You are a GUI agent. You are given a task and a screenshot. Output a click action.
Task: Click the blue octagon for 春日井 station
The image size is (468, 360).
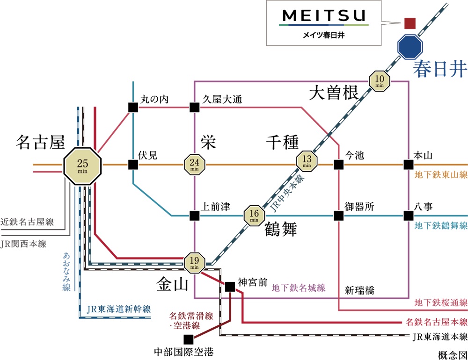click(x=410, y=46)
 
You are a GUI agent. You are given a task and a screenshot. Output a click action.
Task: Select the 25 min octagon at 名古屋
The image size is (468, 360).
click(x=82, y=165)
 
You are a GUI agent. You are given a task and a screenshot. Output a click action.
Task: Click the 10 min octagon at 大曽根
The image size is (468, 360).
click(x=379, y=81)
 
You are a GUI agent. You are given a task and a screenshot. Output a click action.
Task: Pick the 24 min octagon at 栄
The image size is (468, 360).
click(x=194, y=165)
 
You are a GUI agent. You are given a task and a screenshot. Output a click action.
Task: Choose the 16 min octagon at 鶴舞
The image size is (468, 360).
click(x=254, y=215)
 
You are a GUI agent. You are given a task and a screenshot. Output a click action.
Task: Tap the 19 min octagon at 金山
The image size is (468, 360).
click(x=194, y=263)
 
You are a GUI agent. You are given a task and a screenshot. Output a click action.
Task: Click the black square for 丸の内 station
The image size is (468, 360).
click(x=133, y=107)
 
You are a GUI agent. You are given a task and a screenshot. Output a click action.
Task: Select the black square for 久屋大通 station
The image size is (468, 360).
click(x=194, y=107)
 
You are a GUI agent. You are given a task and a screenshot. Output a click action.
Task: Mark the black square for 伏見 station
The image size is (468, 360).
click(x=133, y=165)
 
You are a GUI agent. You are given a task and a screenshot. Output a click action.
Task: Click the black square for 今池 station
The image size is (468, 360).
click(x=338, y=165)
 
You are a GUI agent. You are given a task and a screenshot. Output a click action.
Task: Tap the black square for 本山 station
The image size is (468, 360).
click(x=409, y=165)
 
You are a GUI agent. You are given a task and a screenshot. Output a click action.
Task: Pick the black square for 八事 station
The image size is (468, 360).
click(x=409, y=216)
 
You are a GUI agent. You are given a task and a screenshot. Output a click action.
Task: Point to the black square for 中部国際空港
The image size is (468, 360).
click(x=188, y=339)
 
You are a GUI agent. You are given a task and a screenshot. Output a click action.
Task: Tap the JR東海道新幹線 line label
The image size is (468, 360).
click(x=119, y=309)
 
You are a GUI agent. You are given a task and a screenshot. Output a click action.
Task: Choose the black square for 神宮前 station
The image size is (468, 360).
click(x=230, y=287)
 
